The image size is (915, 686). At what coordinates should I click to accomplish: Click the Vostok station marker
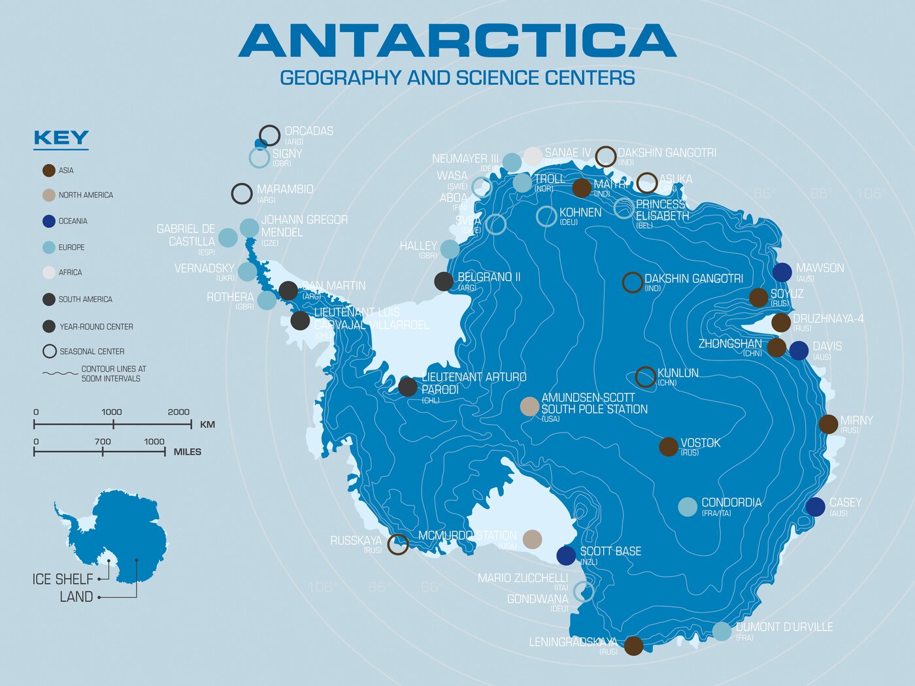coord(668,447)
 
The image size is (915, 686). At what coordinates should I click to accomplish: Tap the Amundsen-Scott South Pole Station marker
coord(529,406)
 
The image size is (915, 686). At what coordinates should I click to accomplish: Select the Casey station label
coord(845,502)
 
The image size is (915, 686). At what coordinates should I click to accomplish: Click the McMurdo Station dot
coord(532,539)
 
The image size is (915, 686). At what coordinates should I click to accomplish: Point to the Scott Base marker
coord(566,555)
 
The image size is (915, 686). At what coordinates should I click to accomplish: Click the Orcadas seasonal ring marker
coord(269,135)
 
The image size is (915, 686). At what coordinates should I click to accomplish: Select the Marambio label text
coord(285,189)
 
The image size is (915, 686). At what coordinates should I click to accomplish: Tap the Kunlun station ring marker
coord(646,377)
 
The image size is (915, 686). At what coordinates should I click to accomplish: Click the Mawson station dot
coord(782,272)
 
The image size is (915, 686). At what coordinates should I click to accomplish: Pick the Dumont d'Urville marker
coord(722,631)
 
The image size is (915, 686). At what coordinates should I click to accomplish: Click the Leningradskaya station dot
coord(633,645)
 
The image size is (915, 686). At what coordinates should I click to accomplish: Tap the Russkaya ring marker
coord(398,544)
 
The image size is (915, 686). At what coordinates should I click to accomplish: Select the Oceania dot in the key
coord(49,221)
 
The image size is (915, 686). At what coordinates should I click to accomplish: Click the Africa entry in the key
coord(70,272)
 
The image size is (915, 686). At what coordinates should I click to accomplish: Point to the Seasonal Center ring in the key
coord(49,351)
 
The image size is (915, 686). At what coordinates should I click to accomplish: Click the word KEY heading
coord(61,138)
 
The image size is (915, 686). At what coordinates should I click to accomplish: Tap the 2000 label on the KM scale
coord(178,412)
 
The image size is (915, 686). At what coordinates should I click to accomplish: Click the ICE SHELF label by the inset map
coord(63,580)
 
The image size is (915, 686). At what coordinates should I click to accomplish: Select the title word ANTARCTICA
coord(457,41)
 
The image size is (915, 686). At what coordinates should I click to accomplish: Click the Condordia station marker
coord(688,507)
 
